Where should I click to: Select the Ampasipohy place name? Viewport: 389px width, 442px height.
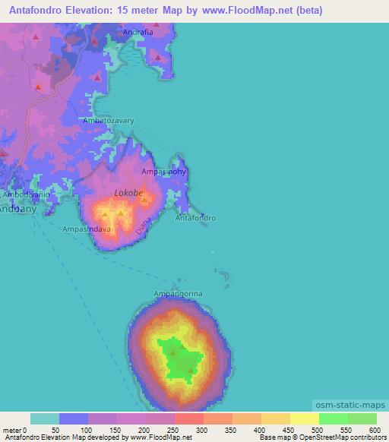(163, 172)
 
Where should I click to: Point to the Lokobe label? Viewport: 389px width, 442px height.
(128, 194)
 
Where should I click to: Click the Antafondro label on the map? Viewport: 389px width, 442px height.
(196, 218)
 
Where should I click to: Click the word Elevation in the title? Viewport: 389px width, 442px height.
(96, 11)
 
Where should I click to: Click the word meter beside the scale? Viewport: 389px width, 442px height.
(11, 431)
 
